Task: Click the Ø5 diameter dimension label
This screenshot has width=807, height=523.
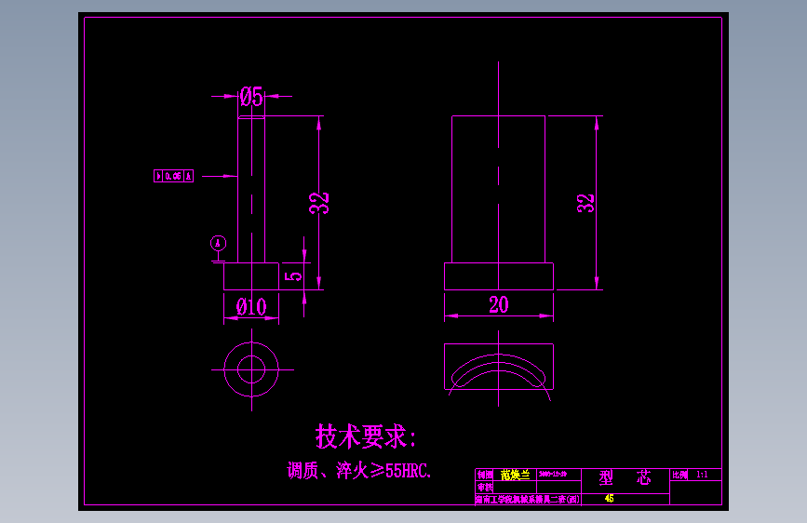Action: [x=251, y=95]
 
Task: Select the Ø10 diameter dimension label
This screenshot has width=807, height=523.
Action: [x=251, y=305]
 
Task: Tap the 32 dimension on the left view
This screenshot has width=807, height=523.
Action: [x=319, y=202]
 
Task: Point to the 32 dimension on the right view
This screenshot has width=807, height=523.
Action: [x=585, y=203]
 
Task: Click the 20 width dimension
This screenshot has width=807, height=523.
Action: [x=499, y=304]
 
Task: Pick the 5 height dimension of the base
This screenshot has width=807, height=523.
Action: [x=294, y=275]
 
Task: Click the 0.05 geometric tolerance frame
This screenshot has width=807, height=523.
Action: [x=173, y=175]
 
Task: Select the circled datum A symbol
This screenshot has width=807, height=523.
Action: [x=219, y=243]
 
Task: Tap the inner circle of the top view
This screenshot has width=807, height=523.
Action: [x=251, y=369]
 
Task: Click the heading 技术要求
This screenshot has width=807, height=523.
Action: [x=366, y=436]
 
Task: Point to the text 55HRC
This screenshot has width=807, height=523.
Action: [x=408, y=471]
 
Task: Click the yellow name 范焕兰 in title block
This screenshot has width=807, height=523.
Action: [x=515, y=475]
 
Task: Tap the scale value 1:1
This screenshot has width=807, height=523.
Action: [x=702, y=475]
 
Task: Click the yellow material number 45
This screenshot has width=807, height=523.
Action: [x=610, y=499]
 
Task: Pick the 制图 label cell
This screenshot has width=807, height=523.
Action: [x=485, y=475]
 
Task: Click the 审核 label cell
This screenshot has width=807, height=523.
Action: [x=485, y=487]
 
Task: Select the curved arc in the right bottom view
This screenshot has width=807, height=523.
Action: [x=499, y=365]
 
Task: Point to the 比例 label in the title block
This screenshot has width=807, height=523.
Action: [x=680, y=475]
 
